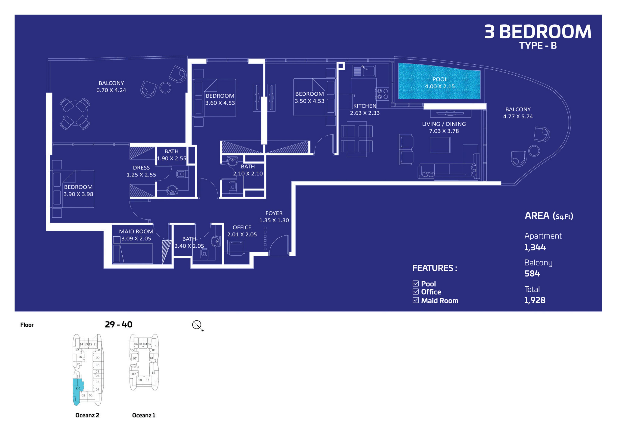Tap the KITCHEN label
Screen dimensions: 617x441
pyautogui.click(x=365, y=106)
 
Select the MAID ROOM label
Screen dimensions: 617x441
pyautogui.click(x=136, y=231)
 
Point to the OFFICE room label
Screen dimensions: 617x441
pyautogui.click(x=242, y=227)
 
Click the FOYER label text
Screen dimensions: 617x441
pyautogui.click(x=274, y=213)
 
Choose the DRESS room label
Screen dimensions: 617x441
pyautogui.click(x=141, y=168)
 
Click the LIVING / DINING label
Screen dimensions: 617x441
pyautogui.click(x=444, y=124)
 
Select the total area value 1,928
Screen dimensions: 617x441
pyautogui.click(x=535, y=300)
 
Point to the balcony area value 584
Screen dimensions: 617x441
pyautogui.click(x=532, y=273)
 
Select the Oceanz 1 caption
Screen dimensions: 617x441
pyautogui.click(x=144, y=415)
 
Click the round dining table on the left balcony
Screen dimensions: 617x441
pyautogui.click(x=75, y=113)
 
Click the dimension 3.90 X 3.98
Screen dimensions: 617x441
pyautogui.click(x=78, y=194)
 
